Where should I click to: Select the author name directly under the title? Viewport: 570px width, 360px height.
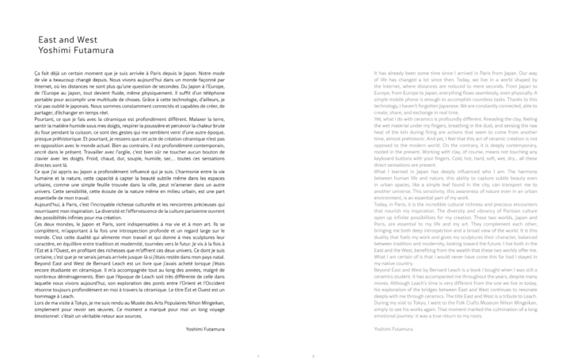point(74,48)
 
